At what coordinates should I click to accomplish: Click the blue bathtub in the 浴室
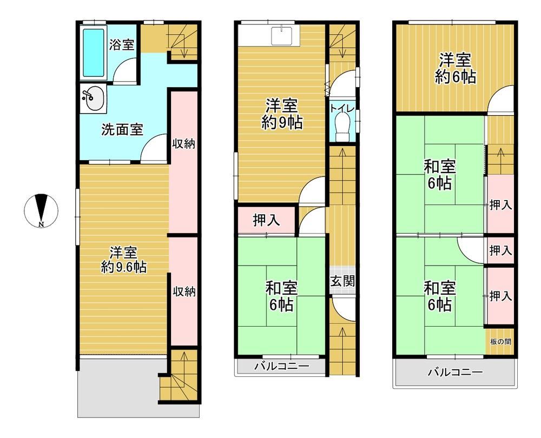[94, 52]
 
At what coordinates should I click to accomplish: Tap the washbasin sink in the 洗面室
[93, 98]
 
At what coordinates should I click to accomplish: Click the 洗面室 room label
[122, 130]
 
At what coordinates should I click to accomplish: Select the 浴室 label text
[122, 45]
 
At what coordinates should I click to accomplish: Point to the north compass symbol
[42, 210]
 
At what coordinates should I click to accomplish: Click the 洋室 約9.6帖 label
[123, 260]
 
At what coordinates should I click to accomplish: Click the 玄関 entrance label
[342, 281]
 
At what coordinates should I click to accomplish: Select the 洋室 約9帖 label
[281, 114]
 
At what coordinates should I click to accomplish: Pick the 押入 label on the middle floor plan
[266, 221]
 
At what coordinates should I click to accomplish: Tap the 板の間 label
[500, 342]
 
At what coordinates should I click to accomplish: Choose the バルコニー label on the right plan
[455, 372]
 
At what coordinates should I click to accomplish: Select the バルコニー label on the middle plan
[282, 366]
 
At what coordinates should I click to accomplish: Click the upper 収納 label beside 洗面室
[183, 144]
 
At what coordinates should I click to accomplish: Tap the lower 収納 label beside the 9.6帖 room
[184, 292]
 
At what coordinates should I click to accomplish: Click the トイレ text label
[342, 108]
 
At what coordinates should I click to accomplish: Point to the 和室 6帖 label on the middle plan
[281, 296]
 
